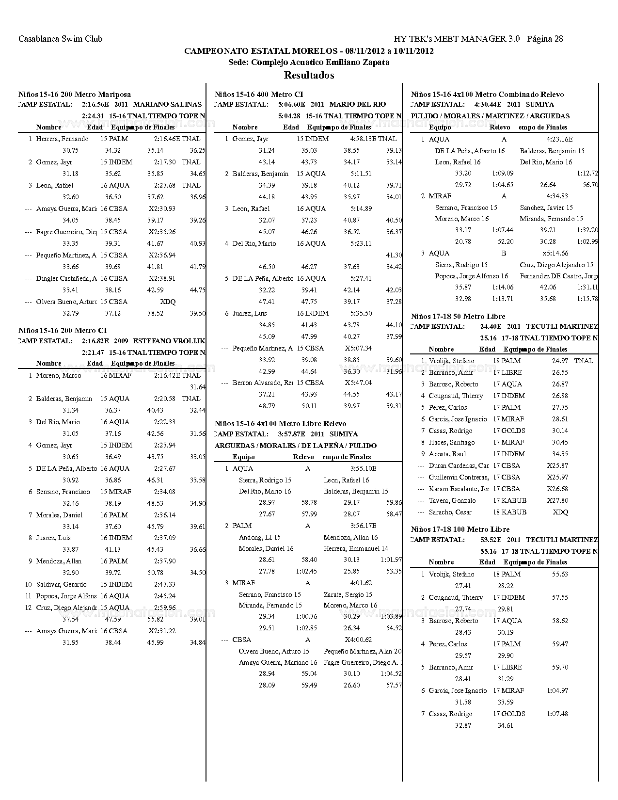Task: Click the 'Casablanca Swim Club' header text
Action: pos(61,39)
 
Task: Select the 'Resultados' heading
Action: pos(309,75)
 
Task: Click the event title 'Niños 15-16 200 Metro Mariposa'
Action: pos(75,95)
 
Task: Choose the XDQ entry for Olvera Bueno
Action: pos(168,302)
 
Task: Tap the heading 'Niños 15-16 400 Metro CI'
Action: pos(259,95)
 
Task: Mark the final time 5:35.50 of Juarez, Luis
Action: pos(361,313)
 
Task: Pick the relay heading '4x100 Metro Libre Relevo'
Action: pos(301,424)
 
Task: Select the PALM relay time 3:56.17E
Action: pos(363,526)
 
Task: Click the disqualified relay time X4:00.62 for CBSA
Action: pos(358,640)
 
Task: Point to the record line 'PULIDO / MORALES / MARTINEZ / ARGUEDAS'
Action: pos(490,116)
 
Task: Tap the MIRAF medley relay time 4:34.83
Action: pos(557,196)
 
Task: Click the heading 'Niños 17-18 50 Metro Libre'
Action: pos(458,317)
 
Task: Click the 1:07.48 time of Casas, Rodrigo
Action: pos(557,714)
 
